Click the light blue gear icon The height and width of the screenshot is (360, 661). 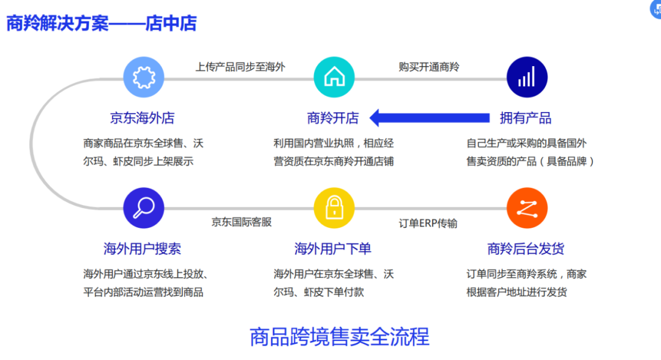coord(144,77)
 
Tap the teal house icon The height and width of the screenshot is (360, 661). coord(334,77)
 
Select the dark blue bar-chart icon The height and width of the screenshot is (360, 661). coord(527,77)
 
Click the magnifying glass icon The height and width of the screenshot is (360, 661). coord(144,208)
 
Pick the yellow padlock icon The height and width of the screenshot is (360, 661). coord(334,208)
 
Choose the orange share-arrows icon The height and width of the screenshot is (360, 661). coord(527,208)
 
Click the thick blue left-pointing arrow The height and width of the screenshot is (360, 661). coord(430,118)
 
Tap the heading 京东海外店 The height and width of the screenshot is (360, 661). coord(143,118)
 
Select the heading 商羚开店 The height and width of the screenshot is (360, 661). coord(333,118)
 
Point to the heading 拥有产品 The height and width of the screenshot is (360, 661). coord(526,118)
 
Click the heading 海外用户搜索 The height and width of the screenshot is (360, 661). coord(143,249)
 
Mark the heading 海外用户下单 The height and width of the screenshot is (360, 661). coord(333,249)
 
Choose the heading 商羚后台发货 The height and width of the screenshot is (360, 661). coord(526,249)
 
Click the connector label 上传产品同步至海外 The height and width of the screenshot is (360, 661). coord(241,67)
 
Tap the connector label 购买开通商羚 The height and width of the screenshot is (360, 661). coord(429,67)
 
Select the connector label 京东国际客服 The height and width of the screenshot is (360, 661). coord(242,222)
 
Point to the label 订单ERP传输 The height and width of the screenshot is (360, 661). coord(428,223)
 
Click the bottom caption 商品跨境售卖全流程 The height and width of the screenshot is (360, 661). coord(340,337)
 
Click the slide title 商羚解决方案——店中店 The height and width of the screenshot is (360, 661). coord(102,23)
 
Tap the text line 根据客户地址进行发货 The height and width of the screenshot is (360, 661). coord(517,292)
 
